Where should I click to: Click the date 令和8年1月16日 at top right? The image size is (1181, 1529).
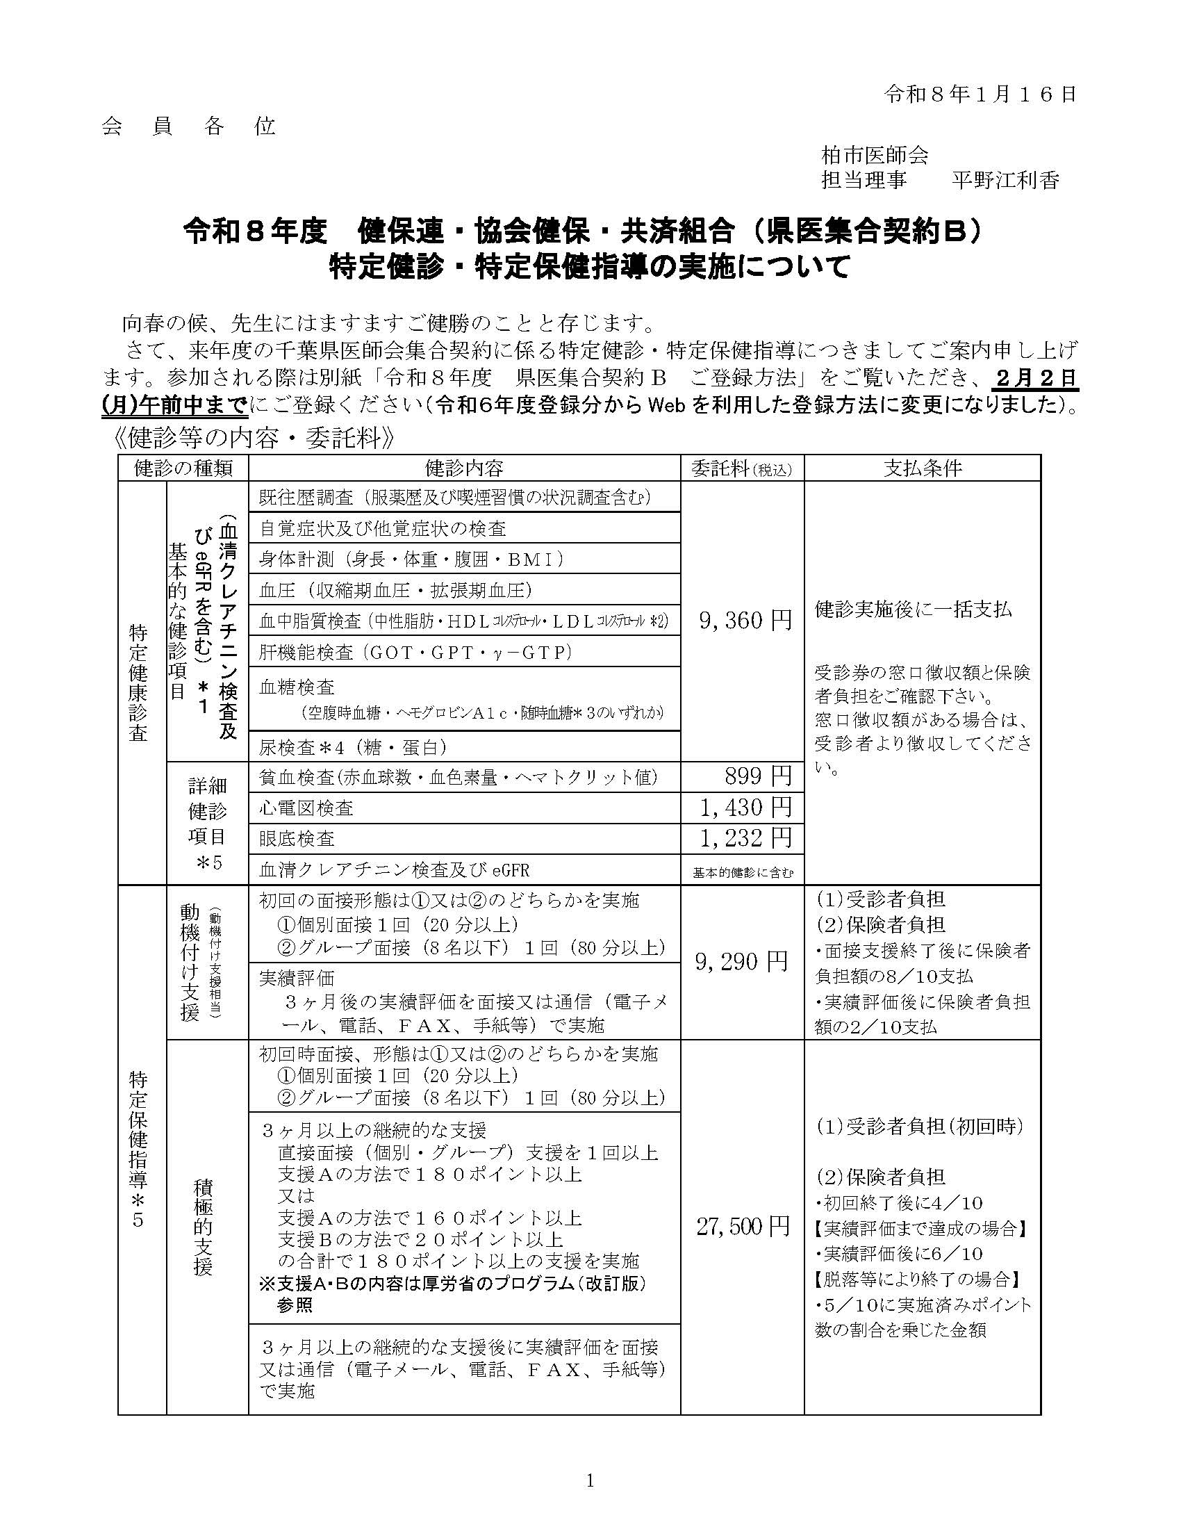coord(980,95)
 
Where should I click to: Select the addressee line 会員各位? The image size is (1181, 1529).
coord(189,126)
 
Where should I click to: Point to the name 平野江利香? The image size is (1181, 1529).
coord(1005,181)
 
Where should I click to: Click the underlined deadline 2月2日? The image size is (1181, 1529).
coord(1035,378)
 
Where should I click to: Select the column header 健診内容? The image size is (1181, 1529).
coord(464,468)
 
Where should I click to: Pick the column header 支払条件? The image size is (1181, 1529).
coord(922,468)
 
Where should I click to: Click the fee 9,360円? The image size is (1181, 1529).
coord(745,620)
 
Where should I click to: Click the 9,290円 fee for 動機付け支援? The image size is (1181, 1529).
coord(742,962)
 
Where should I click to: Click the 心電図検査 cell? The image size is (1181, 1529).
coord(306,808)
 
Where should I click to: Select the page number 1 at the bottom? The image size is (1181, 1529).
coord(590,1480)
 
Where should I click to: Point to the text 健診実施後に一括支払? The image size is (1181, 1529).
coord(913,609)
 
